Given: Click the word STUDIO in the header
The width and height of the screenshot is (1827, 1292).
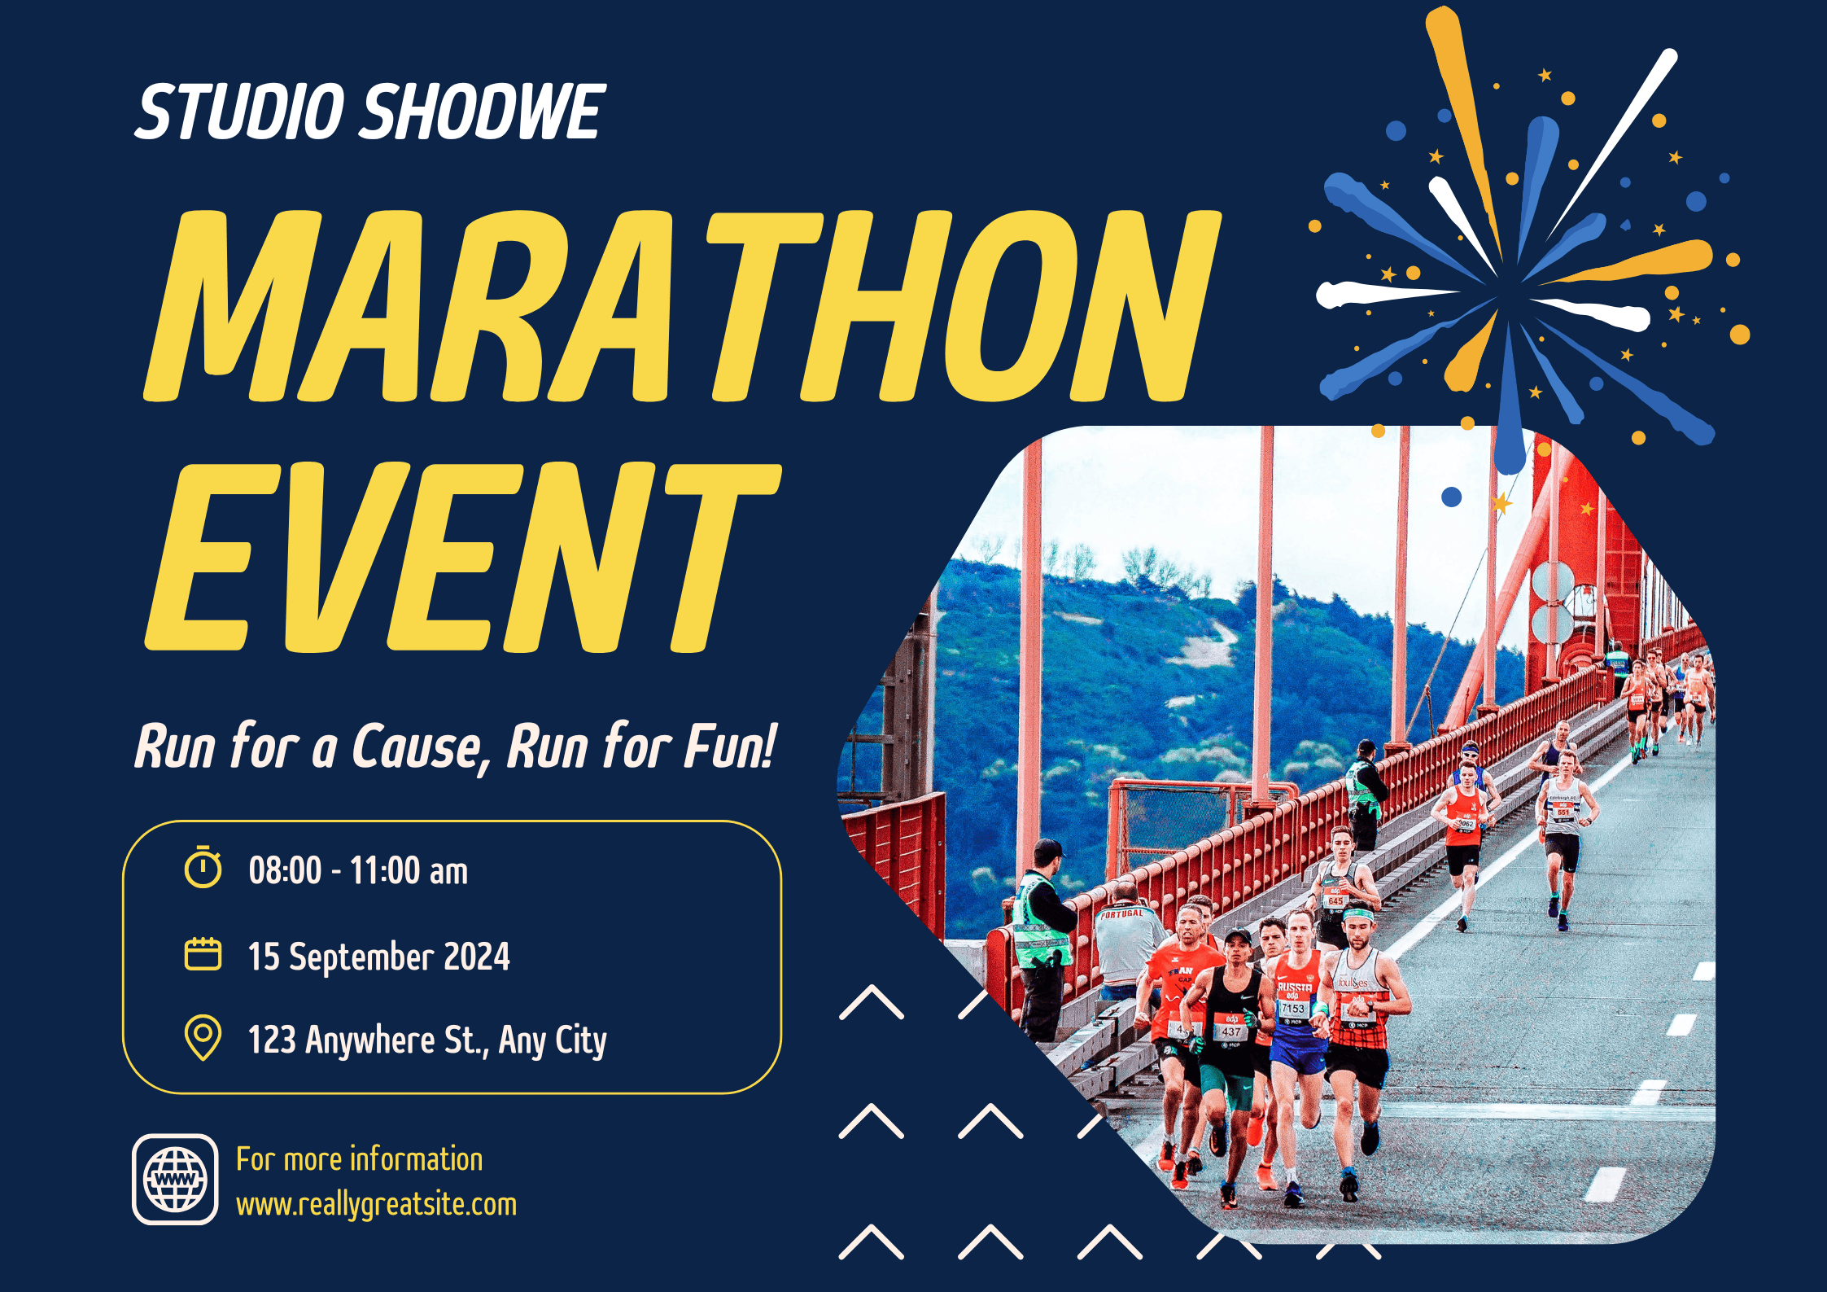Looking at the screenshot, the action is coord(240,112).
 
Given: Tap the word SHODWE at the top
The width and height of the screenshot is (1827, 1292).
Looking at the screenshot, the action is coord(483,112).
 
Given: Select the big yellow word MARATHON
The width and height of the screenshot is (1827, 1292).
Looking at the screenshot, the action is coord(682,306).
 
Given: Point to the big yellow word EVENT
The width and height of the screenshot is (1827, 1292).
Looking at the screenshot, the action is coord(462,558).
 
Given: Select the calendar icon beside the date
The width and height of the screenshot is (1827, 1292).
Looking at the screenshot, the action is coord(203,954).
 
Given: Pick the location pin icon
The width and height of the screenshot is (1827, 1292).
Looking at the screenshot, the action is coord(203,1037).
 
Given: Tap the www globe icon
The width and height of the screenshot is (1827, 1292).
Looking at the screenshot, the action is coord(175,1179).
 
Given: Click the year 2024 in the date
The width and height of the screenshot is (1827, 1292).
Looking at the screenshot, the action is coord(477,956).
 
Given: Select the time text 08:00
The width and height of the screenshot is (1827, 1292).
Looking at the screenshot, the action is coord(286,870).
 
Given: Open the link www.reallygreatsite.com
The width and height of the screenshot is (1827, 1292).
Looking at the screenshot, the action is coord(376,1205).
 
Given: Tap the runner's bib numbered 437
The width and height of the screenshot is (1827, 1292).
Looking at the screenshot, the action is coord(1230,1031).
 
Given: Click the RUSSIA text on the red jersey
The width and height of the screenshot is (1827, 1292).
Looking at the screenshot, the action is coord(1294,988).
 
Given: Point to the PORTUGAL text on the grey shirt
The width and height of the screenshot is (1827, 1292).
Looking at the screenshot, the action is coord(1121,914).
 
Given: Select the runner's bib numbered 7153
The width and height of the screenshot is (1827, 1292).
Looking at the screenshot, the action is coord(1293,1009).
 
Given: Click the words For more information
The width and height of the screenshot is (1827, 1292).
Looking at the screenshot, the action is coord(360,1159).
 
